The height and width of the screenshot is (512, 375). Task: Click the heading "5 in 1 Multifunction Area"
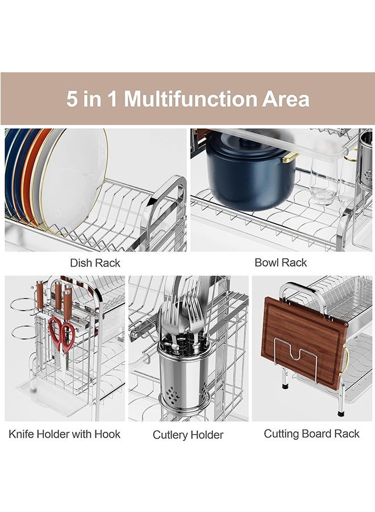pyautogui.click(x=188, y=98)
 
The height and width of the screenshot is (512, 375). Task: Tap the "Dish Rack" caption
pyautogui.click(x=95, y=263)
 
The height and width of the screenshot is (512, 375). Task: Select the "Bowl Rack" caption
pyautogui.click(x=281, y=262)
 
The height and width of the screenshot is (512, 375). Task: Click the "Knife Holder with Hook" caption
pyautogui.click(x=64, y=434)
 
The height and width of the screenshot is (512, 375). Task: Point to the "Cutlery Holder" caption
pyautogui.click(x=188, y=435)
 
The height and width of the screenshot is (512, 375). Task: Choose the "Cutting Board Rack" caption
pyautogui.click(x=311, y=433)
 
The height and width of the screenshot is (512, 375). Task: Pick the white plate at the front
pyautogui.click(x=80, y=182)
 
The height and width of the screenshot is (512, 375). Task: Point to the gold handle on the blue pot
pyautogui.click(x=290, y=156)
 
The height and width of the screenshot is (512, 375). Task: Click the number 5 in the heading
pyautogui.click(x=72, y=98)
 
